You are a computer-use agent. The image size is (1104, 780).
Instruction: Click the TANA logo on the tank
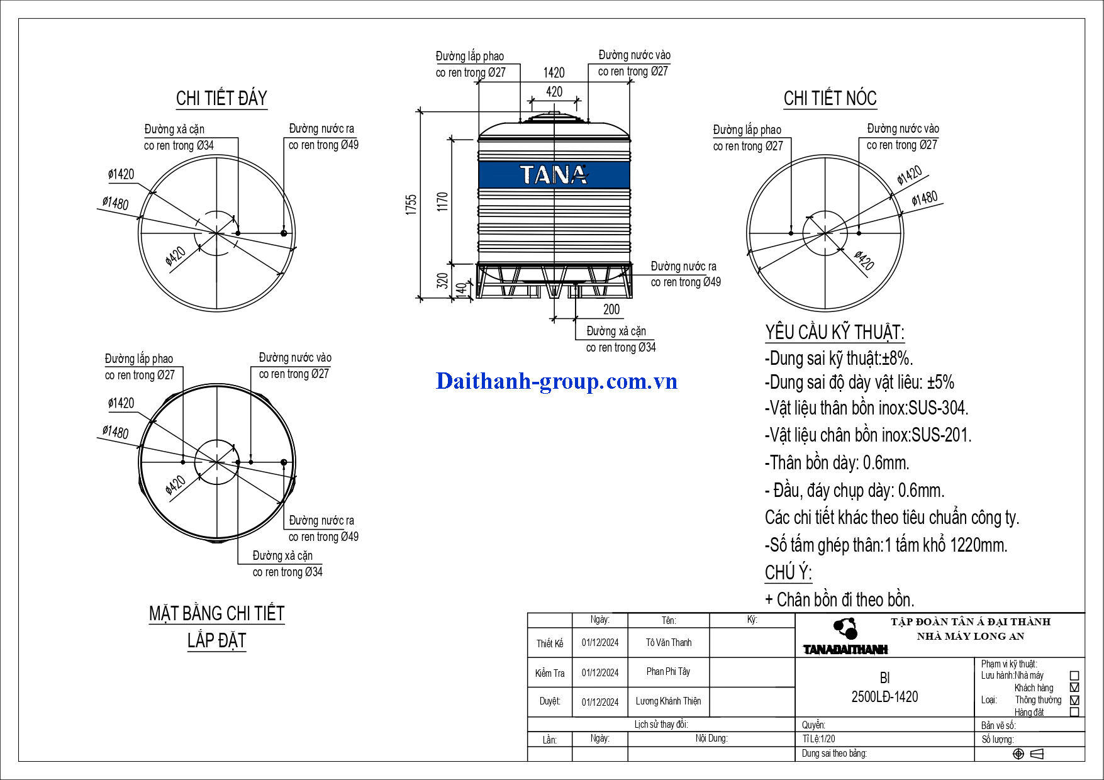click(x=554, y=175)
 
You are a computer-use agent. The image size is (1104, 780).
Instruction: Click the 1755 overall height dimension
click(x=411, y=205)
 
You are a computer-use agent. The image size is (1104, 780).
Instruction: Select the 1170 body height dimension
click(x=443, y=201)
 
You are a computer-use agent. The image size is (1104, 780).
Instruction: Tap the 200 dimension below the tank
click(x=611, y=309)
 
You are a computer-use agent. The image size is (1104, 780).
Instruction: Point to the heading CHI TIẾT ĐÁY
click(x=221, y=98)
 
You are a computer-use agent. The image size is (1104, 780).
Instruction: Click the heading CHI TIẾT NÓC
click(x=830, y=98)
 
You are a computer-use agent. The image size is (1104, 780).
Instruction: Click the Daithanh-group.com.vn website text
click(x=557, y=381)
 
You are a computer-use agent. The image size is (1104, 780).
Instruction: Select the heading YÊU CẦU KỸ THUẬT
click(x=835, y=332)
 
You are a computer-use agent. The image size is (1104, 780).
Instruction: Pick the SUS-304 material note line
click(x=867, y=408)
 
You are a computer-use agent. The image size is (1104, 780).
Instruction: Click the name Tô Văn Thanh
click(x=669, y=643)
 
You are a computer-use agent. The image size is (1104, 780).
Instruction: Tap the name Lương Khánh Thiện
click(x=668, y=701)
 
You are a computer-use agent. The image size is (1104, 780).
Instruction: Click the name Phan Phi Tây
click(x=668, y=672)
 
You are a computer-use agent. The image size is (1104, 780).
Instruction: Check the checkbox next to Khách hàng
click(x=1074, y=688)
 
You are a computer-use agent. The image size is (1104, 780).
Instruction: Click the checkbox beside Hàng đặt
click(x=1074, y=712)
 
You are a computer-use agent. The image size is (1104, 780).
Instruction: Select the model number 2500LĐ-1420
click(x=884, y=697)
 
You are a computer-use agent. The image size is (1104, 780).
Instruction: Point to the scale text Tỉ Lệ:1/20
click(x=819, y=739)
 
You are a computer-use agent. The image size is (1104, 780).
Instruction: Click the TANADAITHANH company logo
click(x=845, y=637)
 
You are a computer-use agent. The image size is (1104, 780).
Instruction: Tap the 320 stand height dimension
click(x=443, y=281)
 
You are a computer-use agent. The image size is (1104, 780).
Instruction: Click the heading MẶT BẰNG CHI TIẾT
click(x=217, y=613)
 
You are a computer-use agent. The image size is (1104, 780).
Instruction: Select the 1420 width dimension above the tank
click(x=554, y=73)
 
